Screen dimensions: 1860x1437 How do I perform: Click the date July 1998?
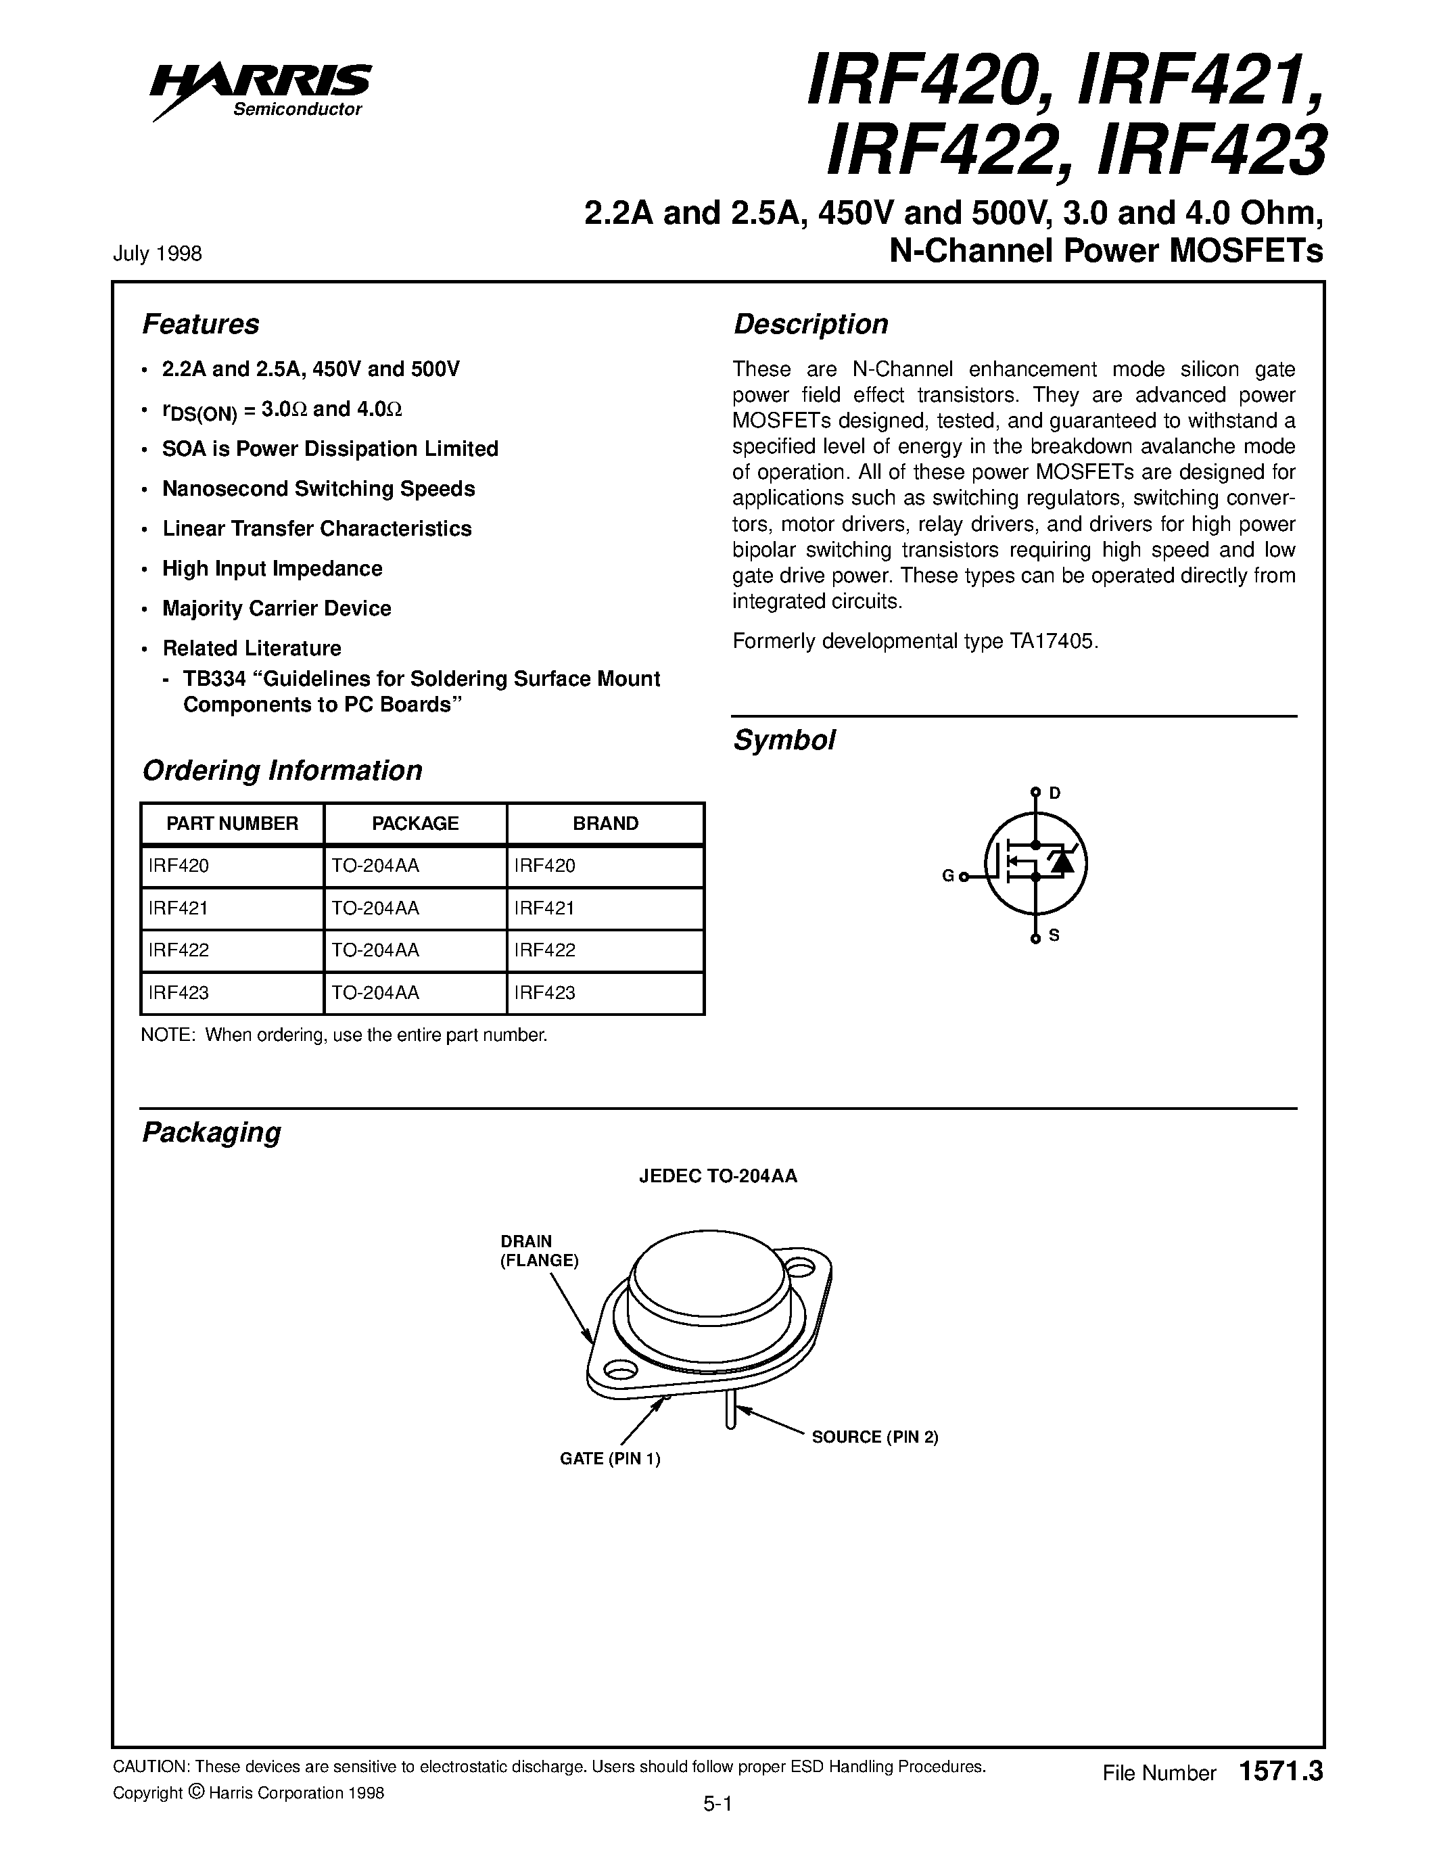coord(157,254)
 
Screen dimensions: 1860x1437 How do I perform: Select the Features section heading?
coord(200,325)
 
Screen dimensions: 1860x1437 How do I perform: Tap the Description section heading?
coord(810,325)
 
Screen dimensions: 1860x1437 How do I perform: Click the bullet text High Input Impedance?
coord(272,568)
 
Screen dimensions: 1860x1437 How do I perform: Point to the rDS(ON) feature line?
coord(281,410)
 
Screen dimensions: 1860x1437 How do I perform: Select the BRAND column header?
coord(605,824)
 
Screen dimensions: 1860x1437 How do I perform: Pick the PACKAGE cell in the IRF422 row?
coord(375,950)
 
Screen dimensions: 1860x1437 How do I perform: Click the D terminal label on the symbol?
coord(1055,793)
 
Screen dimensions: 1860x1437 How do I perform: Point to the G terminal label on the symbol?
coord(947,875)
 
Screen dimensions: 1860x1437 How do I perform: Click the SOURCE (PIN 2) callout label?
coord(874,1437)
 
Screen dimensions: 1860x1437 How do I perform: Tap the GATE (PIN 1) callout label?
coord(609,1458)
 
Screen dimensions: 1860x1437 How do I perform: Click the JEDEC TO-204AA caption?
coord(717,1176)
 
